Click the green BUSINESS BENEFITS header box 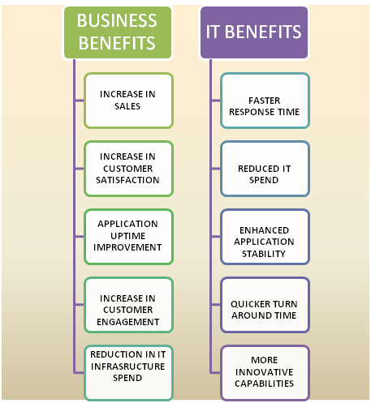coord(118,32)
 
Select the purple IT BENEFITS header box coord(254,32)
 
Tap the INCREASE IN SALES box coord(128,101)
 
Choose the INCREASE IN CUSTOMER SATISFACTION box coord(128,169)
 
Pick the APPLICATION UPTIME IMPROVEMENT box coord(128,237)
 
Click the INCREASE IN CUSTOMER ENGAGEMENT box coord(128,305)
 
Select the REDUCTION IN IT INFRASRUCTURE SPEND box coord(128,373)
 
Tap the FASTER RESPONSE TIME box coord(265,101)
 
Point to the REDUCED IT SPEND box coord(265,169)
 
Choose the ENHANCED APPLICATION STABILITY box coord(265,237)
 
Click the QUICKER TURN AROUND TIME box coord(265,305)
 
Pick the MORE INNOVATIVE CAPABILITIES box coord(265,373)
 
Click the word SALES coord(127,106)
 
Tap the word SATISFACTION coord(127,180)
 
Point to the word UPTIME coord(128,236)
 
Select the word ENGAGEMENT coord(128,322)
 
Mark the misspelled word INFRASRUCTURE coord(128,367)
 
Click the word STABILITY coord(264,254)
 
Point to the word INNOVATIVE coord(264,372)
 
